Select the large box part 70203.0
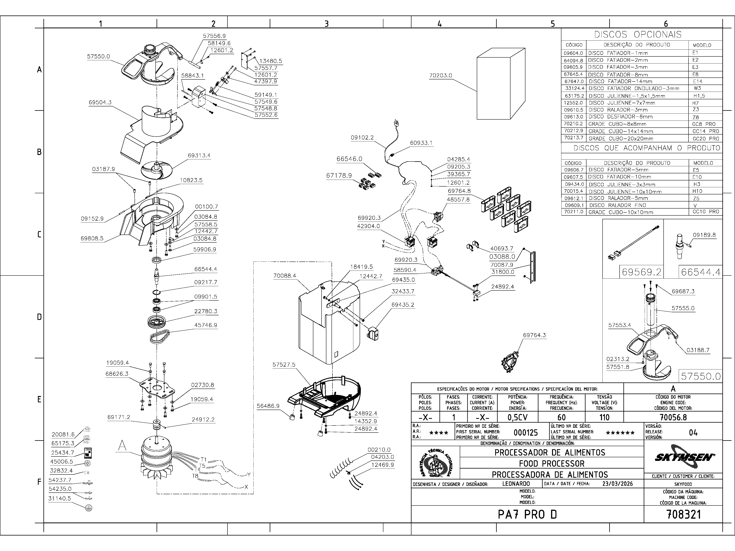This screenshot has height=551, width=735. tap(501, 84)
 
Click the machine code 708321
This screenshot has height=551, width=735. tap(684, 514)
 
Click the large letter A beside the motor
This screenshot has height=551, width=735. tap(122, 446)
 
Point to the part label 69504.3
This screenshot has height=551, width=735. tap(100, 102)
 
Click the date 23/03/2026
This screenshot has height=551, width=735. tap(617, 484)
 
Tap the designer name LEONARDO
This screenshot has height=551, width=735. tap(516, 484)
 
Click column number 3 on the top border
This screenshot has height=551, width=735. tap(327, 24)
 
